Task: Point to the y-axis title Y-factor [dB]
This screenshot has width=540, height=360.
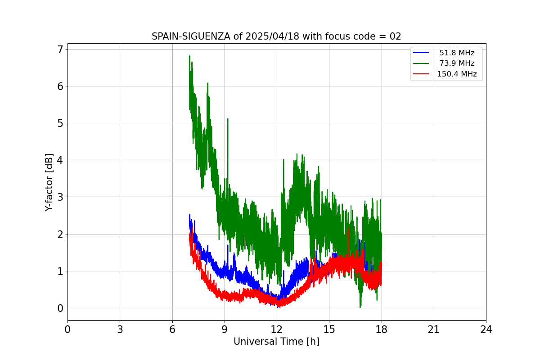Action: click(49, 182)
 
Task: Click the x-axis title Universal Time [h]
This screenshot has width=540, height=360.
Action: click(276, 342)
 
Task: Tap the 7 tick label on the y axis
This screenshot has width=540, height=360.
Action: click(60, 49)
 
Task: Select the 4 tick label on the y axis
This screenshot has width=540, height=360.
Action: click(60, 160)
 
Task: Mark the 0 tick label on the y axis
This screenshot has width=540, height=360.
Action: click(60, 308)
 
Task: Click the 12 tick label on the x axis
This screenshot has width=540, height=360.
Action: click(277, 329)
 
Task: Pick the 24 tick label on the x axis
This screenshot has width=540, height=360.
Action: click(486, 329)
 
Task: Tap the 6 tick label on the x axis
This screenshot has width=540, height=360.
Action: click(172, 329)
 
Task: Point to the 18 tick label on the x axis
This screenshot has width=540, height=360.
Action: click(382, 329)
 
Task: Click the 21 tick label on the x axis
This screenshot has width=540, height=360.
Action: click(434, 329)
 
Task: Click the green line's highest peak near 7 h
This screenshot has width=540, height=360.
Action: click(189, 56)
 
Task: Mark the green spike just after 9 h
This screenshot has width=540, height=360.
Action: click(228, 119)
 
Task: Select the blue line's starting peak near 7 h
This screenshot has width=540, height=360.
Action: click(189, 215)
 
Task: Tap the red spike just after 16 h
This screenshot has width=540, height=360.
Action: click(348, 229)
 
